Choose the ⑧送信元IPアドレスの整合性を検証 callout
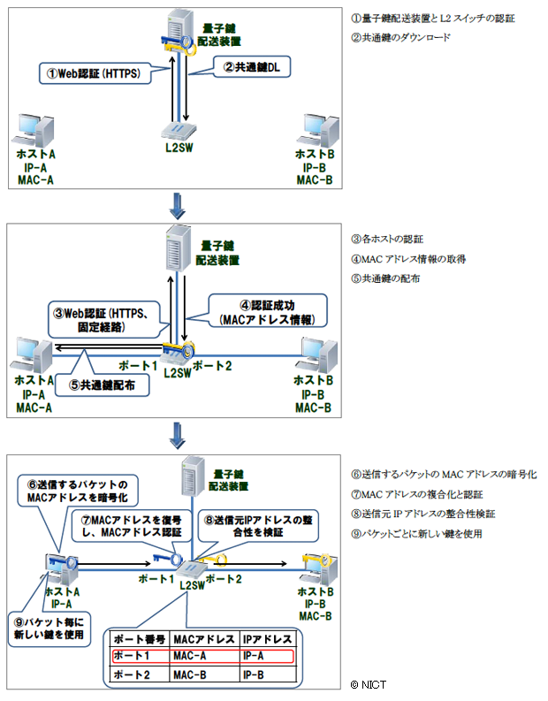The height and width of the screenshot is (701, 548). [251, 527]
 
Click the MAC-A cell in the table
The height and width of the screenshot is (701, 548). [192, 655]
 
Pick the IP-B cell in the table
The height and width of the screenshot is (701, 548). [258, 674]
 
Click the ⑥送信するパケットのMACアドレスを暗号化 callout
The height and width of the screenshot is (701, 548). [90, 491]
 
